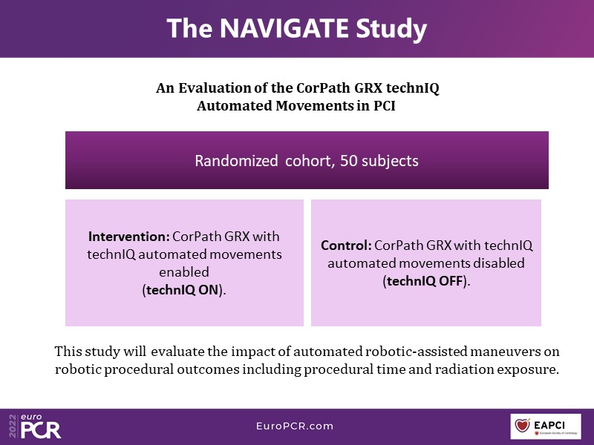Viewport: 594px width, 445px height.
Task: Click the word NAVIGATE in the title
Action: point(284,28)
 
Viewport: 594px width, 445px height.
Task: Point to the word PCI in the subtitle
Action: point(385,105)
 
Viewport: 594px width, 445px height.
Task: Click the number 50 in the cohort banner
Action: point(348,161)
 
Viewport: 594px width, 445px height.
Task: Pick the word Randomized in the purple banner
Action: point(236,161)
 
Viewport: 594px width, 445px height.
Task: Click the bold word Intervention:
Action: point(129,237)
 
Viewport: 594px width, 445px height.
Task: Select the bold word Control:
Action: point(346,245)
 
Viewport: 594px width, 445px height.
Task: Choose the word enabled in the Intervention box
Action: point(184,272)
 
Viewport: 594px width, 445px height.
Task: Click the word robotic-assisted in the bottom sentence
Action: point(416,352)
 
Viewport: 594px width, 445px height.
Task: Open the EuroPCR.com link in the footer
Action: point(295,426)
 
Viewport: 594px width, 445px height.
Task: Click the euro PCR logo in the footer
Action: point(41,426)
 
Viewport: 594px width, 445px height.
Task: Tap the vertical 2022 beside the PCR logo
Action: point(13,426)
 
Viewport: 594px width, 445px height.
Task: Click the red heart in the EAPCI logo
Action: point(523,425)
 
